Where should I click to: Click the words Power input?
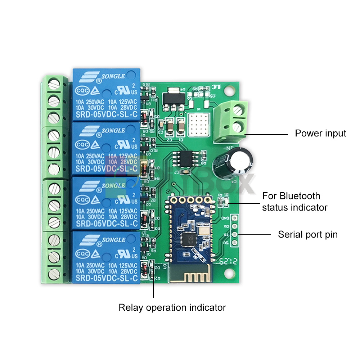coord(320,134)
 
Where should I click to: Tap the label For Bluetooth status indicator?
coord(294,202)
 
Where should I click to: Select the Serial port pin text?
coord(308,235)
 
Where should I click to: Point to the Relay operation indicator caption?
coord(172,308)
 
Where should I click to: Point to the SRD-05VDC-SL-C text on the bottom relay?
coord(107,278)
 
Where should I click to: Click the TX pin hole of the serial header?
coord(234,234)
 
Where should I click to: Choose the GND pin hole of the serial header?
coord(234,218)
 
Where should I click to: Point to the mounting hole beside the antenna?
coord(228,274)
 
